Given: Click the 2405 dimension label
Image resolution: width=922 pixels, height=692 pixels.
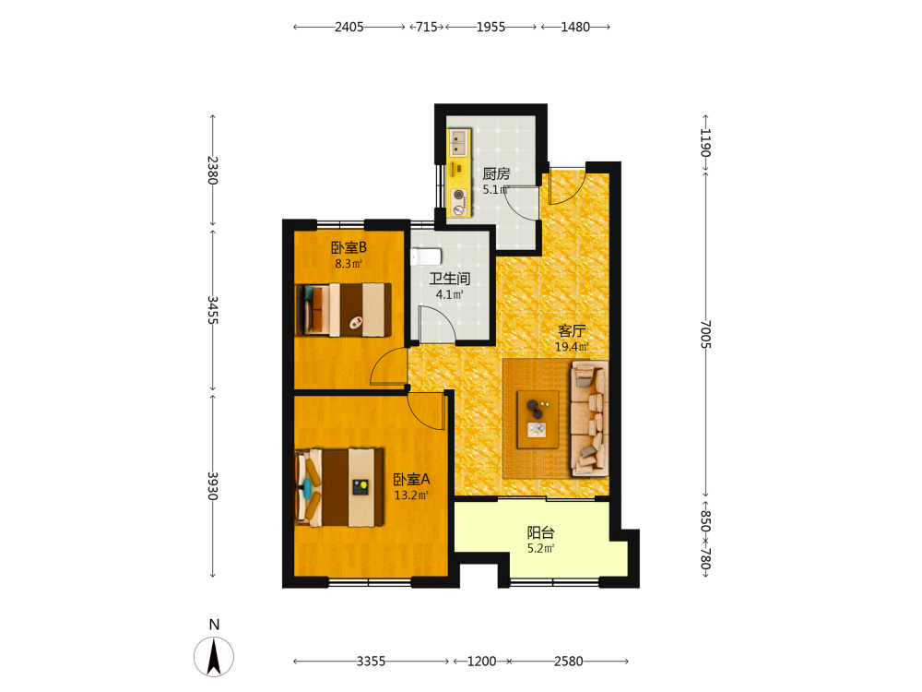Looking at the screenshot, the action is point(349,27).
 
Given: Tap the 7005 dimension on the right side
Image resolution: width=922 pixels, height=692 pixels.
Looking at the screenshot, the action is point(705,334).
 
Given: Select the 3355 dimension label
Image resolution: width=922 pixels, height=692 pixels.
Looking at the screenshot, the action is point(371,662).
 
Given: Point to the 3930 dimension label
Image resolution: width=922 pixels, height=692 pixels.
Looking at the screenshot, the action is point(213,485).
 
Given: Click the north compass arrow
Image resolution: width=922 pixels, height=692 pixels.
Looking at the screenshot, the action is point(214,657).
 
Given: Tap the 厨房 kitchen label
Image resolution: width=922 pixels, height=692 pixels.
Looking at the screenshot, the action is point(496,173).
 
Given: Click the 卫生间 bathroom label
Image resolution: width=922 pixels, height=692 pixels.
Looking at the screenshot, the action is point(450,279).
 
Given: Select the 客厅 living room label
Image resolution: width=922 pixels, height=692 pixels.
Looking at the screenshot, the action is point(572,330).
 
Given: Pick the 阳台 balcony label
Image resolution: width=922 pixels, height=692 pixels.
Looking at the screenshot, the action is point(540,532).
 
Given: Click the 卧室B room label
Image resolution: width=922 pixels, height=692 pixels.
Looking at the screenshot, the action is point(349,247).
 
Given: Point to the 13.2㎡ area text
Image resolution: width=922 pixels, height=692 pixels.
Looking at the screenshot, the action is point(411,495).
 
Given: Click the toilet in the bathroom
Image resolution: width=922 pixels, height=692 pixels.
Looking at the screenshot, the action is point(426,257).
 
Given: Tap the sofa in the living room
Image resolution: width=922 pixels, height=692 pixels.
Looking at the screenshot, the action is point(589,418).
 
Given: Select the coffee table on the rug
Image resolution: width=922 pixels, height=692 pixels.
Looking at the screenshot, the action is point(538,420).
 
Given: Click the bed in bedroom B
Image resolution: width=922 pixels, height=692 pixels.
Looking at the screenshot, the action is point(343,310).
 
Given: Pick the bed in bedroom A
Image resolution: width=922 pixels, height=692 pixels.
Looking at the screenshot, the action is point(339,488).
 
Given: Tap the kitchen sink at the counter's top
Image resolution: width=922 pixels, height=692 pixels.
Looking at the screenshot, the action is point(458,142).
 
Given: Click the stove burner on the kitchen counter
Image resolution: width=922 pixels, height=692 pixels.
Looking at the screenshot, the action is point(458,195).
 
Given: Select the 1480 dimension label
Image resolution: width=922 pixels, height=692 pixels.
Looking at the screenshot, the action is point(575,27).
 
